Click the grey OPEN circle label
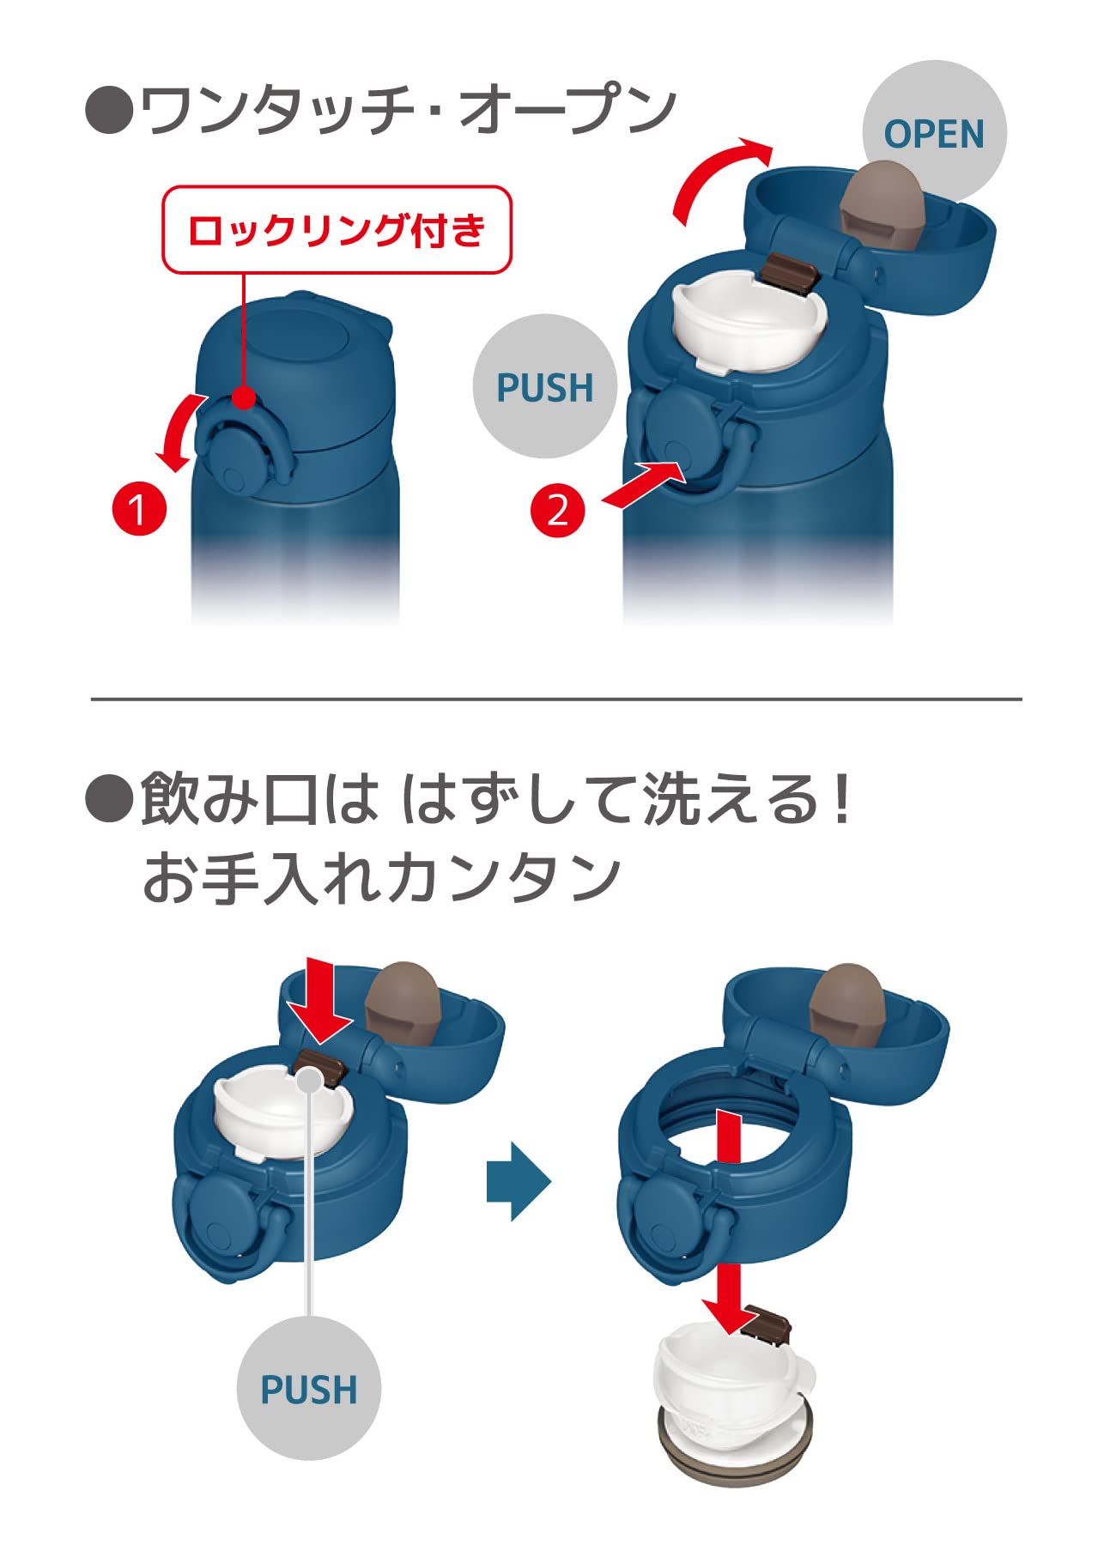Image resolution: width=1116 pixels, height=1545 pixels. [x=934, y=133]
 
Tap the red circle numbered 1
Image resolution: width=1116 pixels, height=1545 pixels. [x=139, y=509]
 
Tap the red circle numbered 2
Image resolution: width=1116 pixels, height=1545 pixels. [x=558, y=510]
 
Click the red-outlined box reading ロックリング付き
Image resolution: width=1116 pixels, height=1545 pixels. [x=337, y=230]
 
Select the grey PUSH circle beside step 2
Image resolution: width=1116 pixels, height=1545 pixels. [x=545, y=386]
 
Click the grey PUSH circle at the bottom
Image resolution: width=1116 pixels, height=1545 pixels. [x=309, y=1388]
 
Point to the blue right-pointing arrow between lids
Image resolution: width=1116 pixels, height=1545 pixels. [x=519, y=1181]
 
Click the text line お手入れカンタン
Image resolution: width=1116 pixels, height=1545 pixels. [x=381, y=878]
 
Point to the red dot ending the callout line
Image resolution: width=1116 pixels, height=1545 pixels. [x=245, y=397]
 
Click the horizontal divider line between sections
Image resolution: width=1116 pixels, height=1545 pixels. [x=556, y=700]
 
